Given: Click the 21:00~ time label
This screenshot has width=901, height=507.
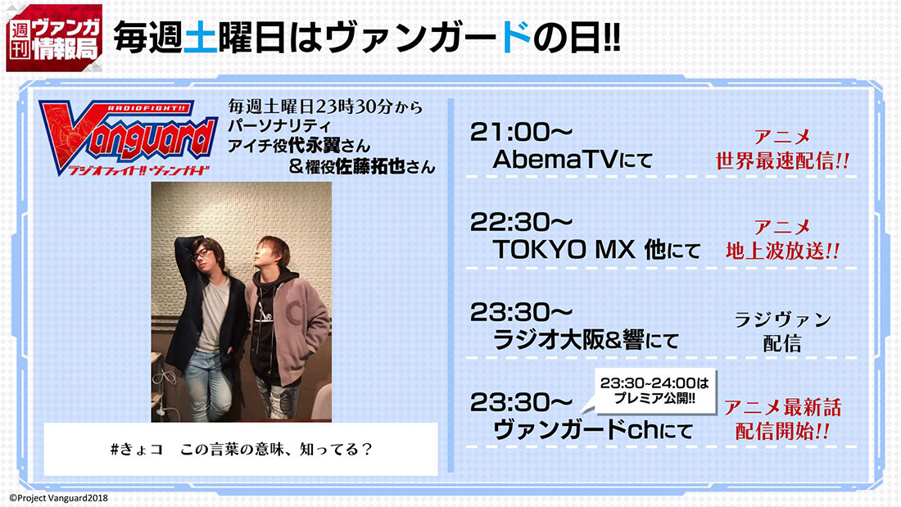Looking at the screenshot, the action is tap(521, 132).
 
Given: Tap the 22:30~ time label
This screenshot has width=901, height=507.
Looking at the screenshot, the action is tap(521, 222).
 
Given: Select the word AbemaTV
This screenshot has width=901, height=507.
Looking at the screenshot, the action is tap(555, 159).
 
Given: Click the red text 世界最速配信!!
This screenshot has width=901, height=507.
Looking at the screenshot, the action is tap(782, 161).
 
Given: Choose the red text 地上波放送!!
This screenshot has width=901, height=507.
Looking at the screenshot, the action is tap(782, 251).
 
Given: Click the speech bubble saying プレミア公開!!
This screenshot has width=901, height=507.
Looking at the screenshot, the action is tap(654, 391).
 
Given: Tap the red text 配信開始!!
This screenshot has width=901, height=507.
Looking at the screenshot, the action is tap(782, 431).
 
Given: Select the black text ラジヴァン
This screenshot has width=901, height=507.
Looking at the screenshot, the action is tap(782, 319).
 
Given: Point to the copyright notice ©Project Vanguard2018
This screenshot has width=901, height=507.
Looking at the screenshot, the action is tap(58, 498).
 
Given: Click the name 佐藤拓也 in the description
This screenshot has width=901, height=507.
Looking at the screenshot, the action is tap(370, 167).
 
